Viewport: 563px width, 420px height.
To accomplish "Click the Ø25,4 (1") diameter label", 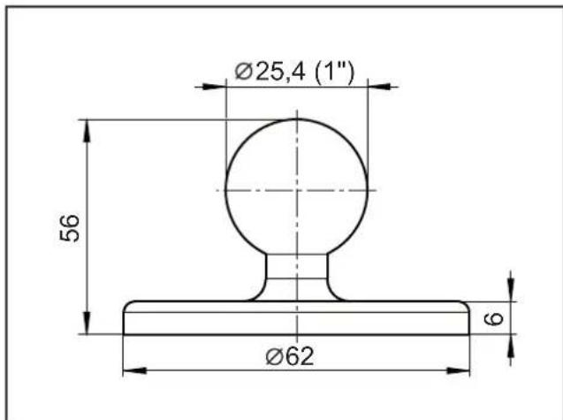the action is point(294,73).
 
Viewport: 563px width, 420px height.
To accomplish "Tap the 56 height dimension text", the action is point(69,228).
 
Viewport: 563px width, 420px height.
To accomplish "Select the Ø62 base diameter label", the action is point(289,356).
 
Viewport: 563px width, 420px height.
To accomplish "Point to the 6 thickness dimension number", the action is point(494,318).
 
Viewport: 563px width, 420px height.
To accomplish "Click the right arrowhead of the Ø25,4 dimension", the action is point(379,87).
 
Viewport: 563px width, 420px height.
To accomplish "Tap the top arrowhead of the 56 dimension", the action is point(87,131).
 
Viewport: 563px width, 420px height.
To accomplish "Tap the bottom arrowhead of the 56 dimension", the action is point(87,323).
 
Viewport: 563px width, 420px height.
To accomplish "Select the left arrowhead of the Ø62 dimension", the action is point(134,370).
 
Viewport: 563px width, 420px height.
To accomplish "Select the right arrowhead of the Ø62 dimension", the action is point(458,370).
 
